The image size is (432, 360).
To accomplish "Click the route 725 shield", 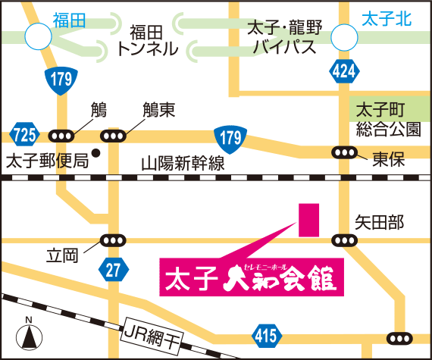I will coord(24,136).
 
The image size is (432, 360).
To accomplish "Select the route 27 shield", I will coord(112,269).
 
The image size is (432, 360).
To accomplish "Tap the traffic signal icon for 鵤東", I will coord(114,136).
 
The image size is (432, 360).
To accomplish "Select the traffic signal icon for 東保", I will coord(344,152).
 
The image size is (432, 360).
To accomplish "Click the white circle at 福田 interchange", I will coord(38,35).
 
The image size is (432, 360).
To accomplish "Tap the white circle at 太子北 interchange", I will coord(344,35).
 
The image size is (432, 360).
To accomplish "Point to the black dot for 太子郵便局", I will coord(96,152).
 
